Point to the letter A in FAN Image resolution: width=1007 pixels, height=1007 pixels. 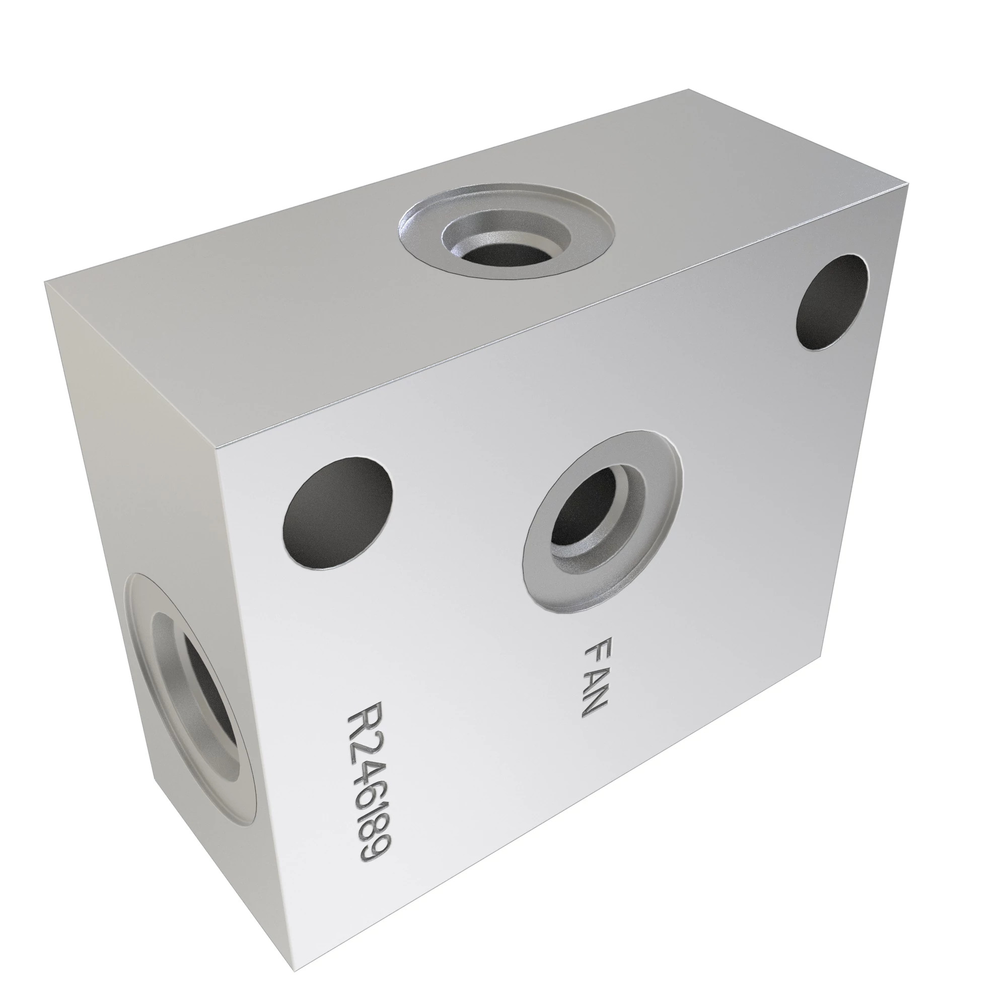[x=593, y=677]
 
